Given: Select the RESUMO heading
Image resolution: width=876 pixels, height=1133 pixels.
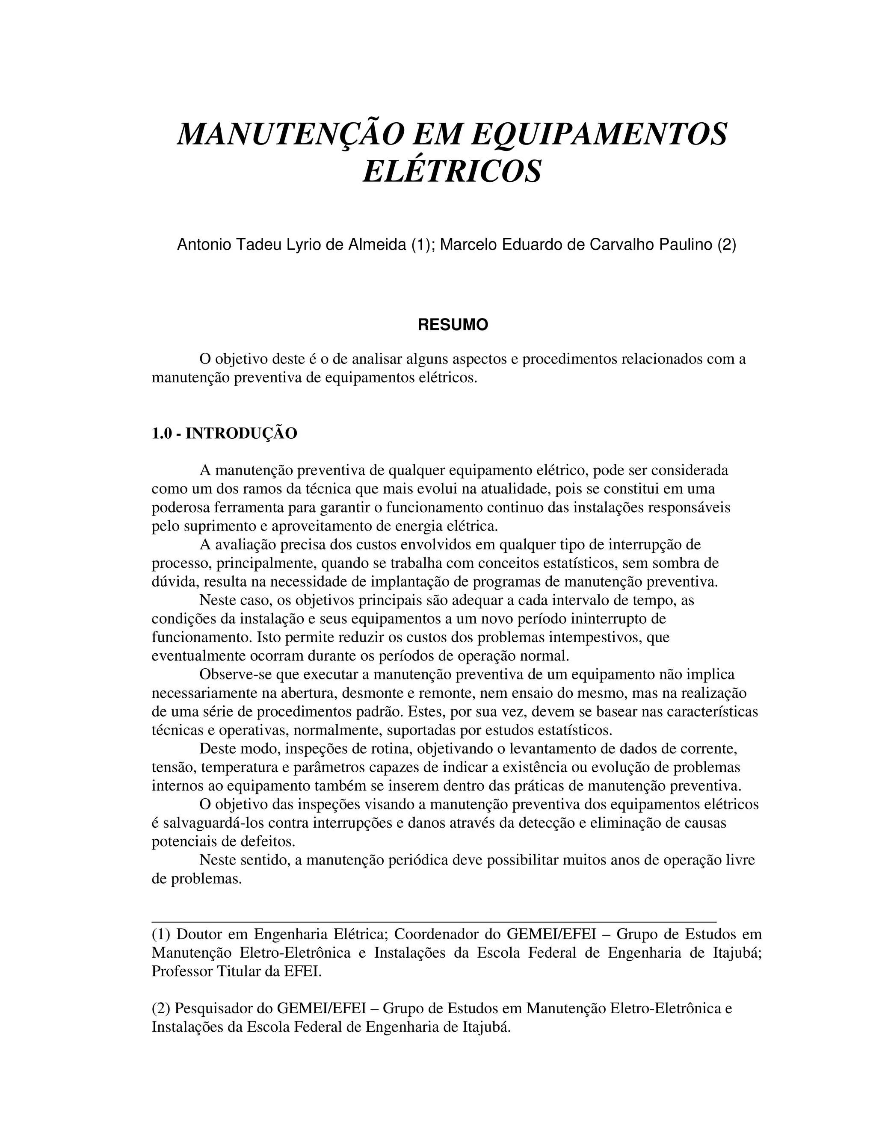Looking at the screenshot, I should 453,325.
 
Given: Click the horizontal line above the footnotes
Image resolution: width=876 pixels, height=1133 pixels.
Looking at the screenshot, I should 434,922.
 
